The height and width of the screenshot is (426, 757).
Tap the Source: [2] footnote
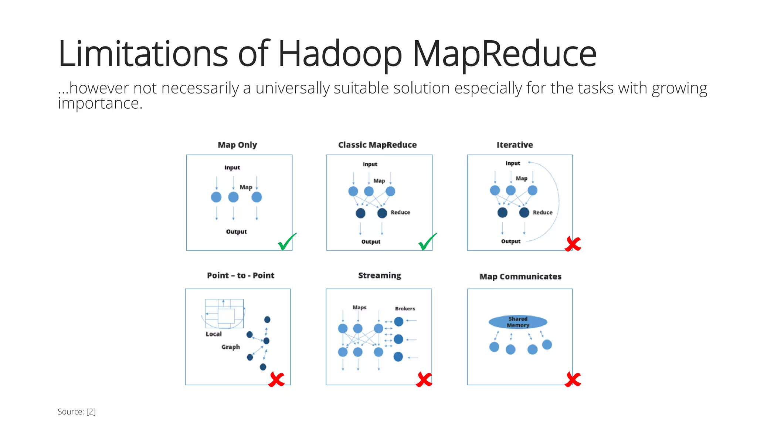77,412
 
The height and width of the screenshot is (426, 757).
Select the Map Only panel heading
237,145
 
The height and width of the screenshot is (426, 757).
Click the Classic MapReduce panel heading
377,145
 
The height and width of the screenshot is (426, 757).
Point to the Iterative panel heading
515,145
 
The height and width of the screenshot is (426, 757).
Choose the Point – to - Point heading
241,275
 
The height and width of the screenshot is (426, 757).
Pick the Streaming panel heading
380,275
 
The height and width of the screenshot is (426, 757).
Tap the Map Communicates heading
520,277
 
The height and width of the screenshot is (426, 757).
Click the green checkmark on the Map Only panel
286,242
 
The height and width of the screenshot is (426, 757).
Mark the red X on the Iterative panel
573,244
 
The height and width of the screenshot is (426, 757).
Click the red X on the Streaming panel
424,379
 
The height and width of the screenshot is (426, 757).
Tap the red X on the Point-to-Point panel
276,379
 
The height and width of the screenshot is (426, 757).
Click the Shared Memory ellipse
518,322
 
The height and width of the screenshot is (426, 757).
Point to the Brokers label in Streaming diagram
405,309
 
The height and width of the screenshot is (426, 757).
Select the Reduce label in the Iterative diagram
542,213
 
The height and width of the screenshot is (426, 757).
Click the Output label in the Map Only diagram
236,232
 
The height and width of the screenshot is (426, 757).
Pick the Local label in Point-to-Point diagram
214,334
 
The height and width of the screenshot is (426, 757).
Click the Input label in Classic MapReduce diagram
370,164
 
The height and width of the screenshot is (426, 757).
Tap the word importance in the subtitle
100,104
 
